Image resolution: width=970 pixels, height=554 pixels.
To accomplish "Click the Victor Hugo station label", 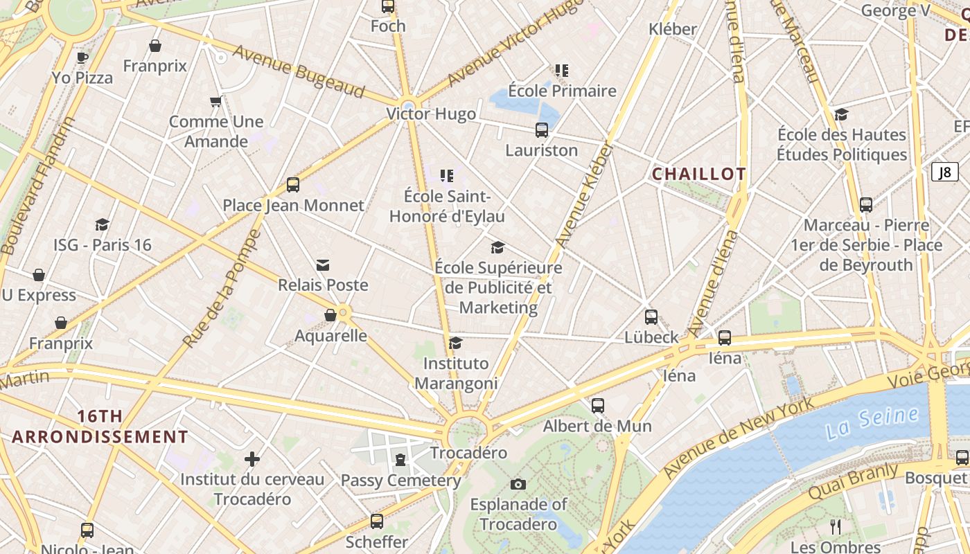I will (x=431, y=114).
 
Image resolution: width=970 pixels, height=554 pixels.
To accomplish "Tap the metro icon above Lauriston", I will (x=542, y=130).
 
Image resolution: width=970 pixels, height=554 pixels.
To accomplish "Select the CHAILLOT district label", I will (x=699, y=175).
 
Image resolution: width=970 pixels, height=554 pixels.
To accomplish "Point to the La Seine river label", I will (x=872, y=422).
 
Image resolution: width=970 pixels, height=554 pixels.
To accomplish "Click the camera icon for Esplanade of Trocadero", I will (x=518, y=484).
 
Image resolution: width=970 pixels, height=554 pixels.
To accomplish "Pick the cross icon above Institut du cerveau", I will (x=252, y=459).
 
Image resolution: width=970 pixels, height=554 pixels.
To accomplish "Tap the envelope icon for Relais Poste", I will (x=323, y=265).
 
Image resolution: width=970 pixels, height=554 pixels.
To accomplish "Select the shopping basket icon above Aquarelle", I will (x=330, y=316).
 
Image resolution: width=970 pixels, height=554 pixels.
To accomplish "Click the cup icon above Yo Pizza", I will (x=82, y=57).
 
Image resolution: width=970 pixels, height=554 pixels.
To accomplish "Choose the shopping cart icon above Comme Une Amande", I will (x=216, y=102).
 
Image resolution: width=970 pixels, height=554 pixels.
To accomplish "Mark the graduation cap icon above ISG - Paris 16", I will (x=103, y=225).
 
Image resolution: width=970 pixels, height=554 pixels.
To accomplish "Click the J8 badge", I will (x=944, y=172).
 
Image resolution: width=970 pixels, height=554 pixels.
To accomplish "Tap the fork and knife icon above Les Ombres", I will (x=836, y=527).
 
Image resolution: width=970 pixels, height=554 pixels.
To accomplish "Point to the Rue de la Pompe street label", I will (x=222, y=288).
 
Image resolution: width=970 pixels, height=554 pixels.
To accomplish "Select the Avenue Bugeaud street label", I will (x=298, y=72).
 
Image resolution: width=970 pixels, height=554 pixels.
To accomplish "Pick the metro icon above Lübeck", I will (x=651, y=317).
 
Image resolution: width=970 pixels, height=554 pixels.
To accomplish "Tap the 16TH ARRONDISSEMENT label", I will (x=100, y=427).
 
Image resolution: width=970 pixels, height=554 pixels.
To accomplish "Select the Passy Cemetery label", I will (x=400, y=481).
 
